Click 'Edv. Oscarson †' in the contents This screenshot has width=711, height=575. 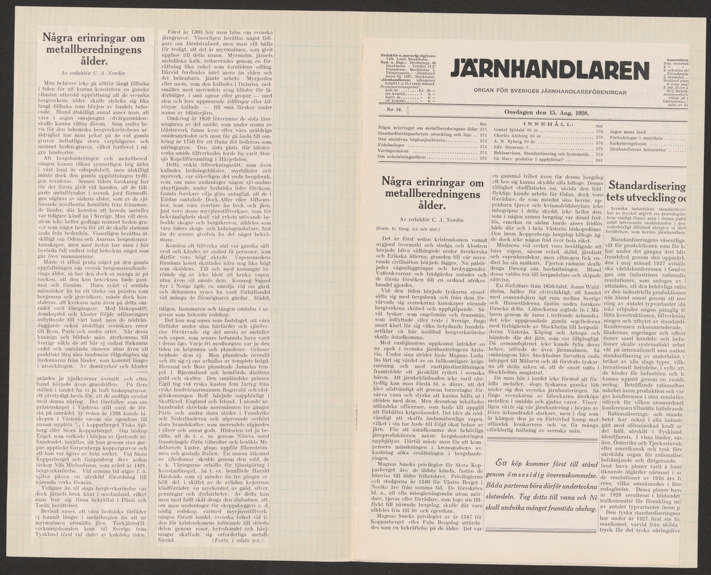pos(514,147)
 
